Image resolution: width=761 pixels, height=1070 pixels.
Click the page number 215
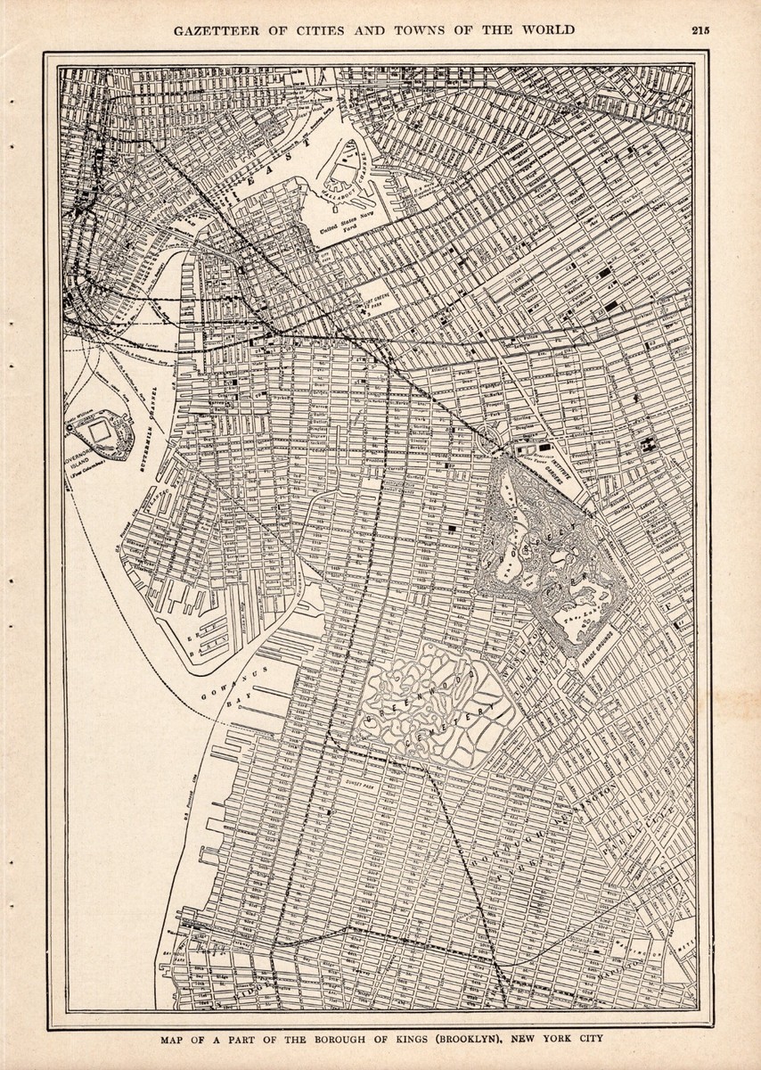point(700,29)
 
